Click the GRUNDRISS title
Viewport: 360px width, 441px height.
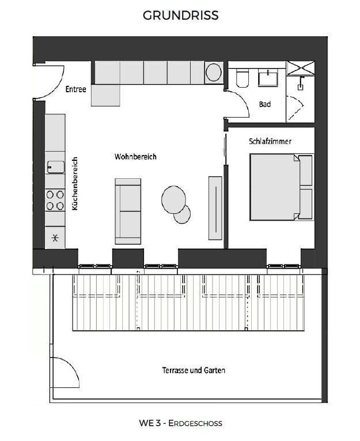point(180,16)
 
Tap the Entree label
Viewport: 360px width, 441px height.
point(75,89)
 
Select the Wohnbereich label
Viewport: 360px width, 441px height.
point(135,157)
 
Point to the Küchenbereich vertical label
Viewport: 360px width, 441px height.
point(74,184)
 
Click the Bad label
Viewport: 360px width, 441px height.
point(264,104)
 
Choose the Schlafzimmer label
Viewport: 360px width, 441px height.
point(270,141)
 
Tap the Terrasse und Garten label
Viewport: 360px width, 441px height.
point(194,370)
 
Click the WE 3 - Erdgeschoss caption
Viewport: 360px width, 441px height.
point(180,423)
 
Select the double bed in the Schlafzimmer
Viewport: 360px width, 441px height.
point(281,187)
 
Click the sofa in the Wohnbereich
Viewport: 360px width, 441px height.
point(128,212)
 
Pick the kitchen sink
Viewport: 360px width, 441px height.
point(56,167)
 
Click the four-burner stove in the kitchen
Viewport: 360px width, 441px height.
point(55,199)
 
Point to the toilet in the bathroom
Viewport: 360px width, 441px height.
point(242,78)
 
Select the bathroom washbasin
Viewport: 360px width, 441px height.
point(268,78)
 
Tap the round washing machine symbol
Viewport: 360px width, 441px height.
point(214,73)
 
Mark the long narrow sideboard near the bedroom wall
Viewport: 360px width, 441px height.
point(215,208)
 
